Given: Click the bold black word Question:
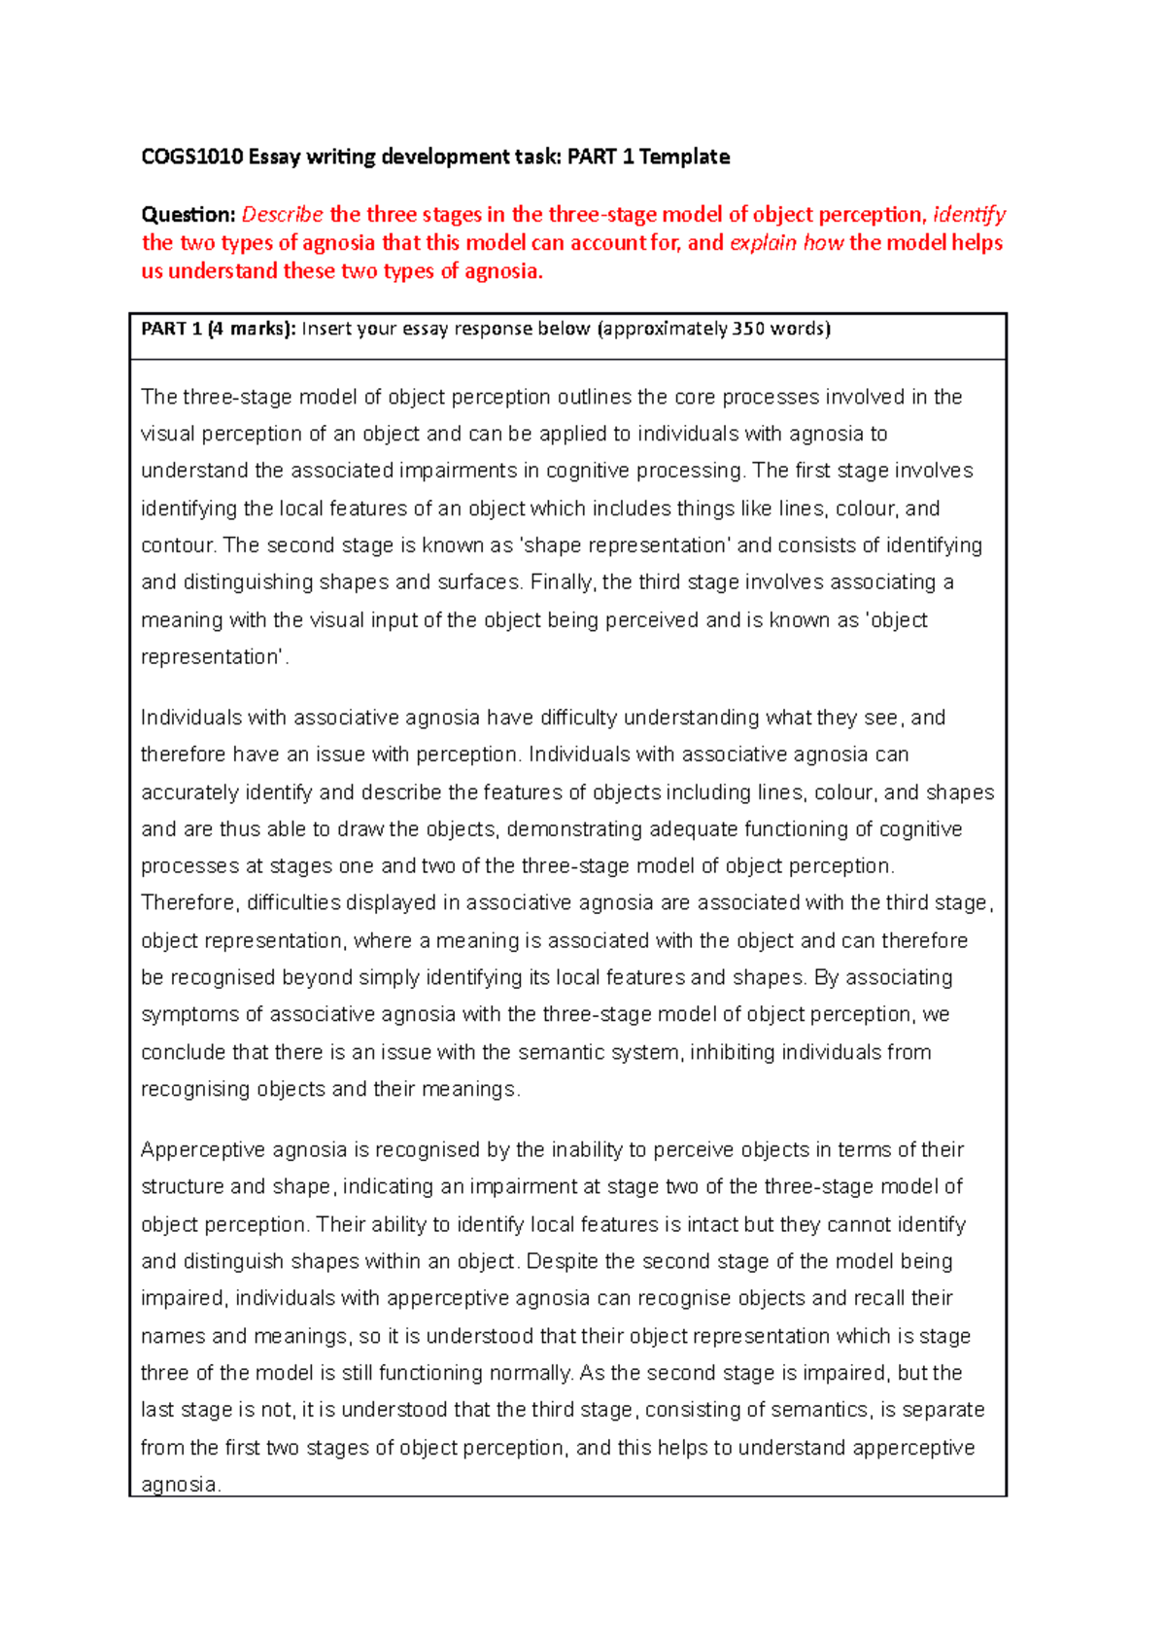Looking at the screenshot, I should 189,215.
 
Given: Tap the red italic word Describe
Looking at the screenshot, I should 282,215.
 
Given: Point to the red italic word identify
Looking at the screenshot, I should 969,215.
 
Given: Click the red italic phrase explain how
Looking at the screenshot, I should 786,243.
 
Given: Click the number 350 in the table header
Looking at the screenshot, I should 748,329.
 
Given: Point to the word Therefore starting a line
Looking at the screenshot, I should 189,903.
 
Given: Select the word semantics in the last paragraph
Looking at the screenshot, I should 821,1410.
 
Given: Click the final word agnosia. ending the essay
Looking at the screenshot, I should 182,1485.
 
